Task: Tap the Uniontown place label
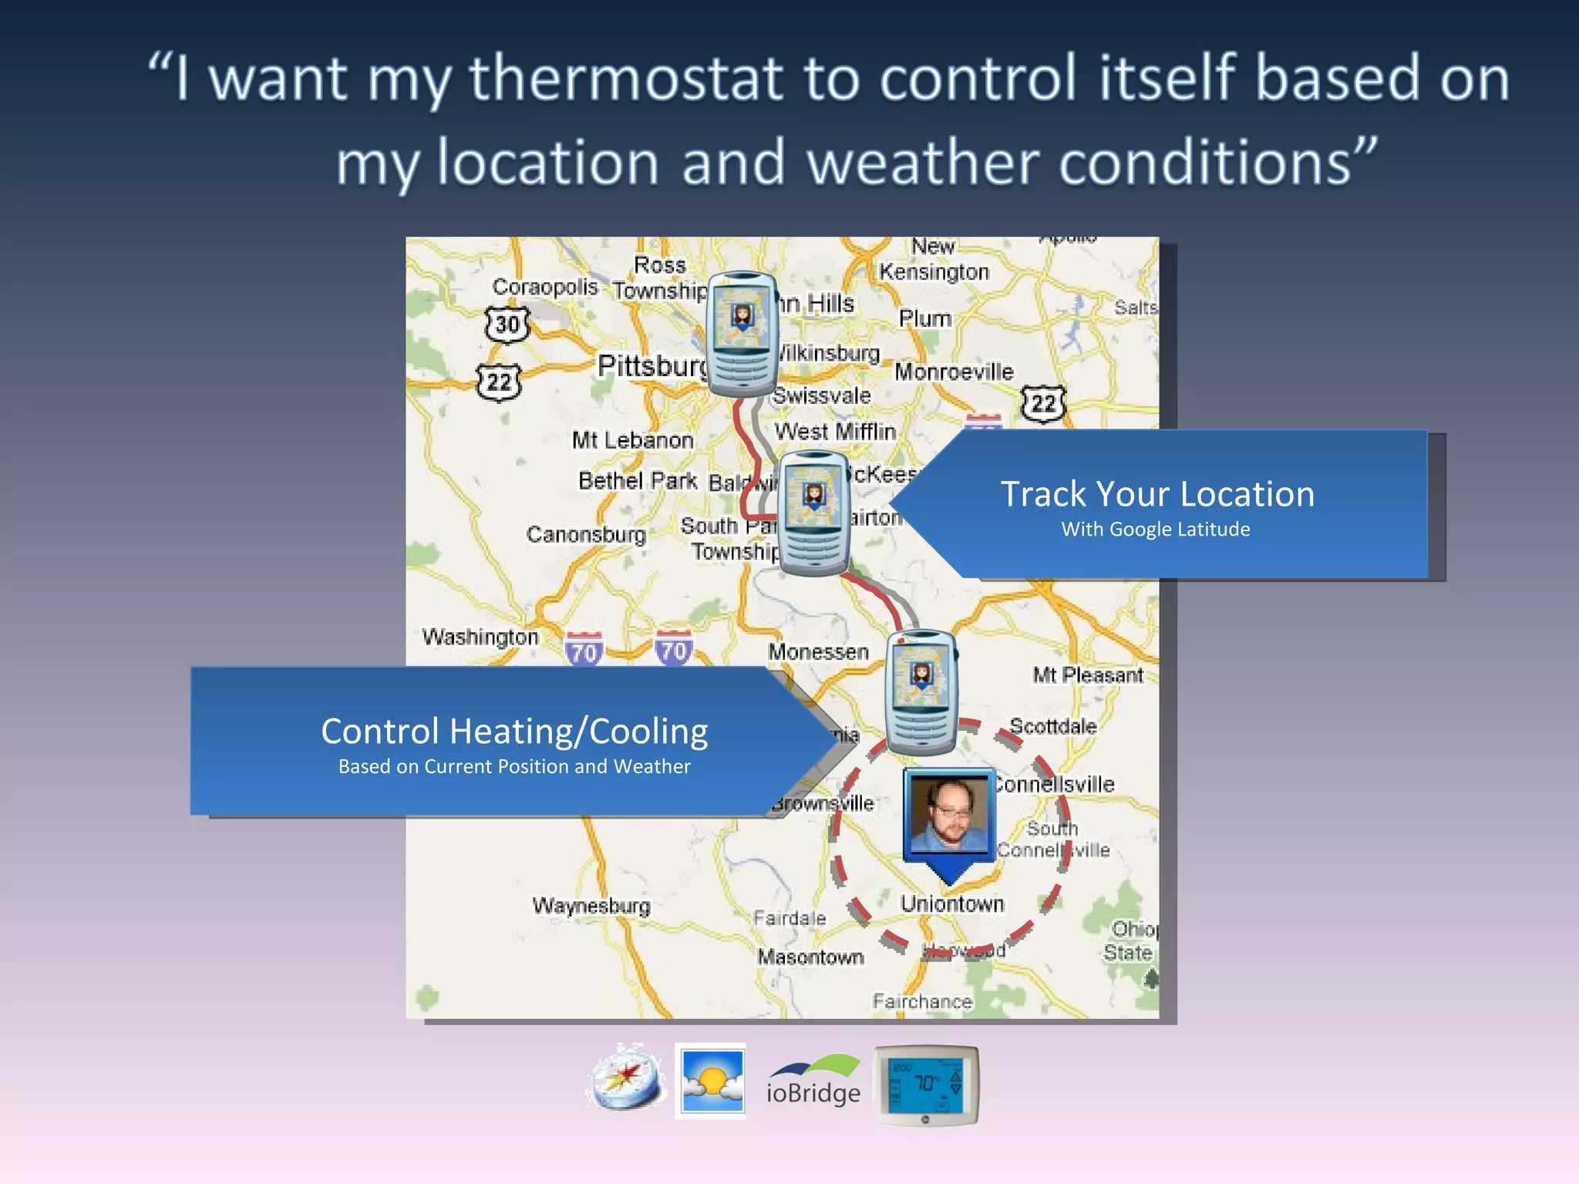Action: [x=952, y=903]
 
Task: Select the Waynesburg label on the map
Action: [x=591, y=905]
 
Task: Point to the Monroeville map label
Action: [x=954, y=372]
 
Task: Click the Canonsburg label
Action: [x=586, y=533]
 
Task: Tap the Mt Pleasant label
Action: [x=1088, y=675]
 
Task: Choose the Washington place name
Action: [x=480, y=637]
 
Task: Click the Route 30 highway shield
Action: [x=507, y=325]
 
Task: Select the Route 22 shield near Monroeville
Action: [x=1043, y=403]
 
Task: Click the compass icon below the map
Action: [x=626, y=1078]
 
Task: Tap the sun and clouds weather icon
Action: [x=711, y=1081]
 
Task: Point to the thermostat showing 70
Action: [x=925, y=1084]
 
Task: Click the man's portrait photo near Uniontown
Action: [x=949, y=814]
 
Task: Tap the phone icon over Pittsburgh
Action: [x=742, y=334]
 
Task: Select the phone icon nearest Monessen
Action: [x=921, y=691]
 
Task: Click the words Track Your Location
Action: [x=1157, y=494]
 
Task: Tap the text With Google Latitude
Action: [x=1156, y=530]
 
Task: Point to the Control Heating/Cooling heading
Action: [x=514, y=732]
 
